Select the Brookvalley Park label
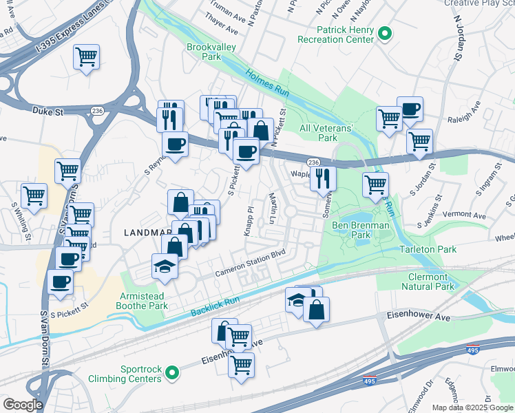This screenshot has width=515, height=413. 203,52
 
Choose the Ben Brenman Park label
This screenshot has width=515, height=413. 360,231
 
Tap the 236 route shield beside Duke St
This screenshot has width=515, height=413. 96,110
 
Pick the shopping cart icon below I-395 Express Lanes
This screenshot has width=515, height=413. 86,56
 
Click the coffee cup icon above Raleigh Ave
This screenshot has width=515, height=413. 410,108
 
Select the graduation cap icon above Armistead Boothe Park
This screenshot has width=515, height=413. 165,266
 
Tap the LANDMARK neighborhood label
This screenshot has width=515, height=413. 143,233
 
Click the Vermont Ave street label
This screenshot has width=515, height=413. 465,215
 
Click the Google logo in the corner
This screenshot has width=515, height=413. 22,405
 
